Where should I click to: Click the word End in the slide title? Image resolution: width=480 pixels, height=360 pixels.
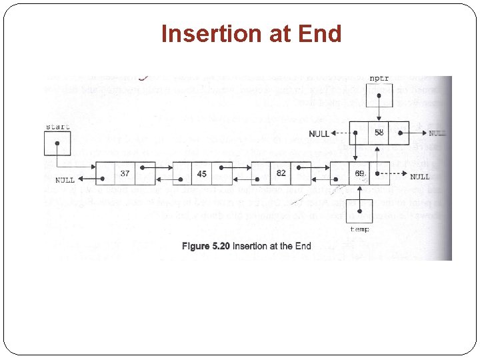(x=321, y=33)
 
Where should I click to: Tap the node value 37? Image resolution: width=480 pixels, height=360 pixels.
(x=125, y=173)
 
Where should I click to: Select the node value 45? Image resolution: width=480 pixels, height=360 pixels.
(x=202, y=174)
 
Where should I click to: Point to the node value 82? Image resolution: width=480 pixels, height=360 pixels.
(x=281, y=173)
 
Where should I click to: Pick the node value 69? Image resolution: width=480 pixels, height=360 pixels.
(x=360, y=173)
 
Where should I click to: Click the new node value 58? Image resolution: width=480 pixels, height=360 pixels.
(x=379, y=133)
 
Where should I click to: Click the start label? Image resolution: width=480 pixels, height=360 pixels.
(x=58, y=127)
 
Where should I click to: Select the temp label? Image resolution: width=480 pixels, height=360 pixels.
(x=359, y=229)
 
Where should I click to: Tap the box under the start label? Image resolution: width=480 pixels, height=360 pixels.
(x=57, y=143)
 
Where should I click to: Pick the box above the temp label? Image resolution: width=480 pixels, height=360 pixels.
(x=360, y=210)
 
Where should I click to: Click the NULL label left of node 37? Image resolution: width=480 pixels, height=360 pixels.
(x=65, y=180)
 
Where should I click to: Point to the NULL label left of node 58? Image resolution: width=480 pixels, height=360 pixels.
(x=319, y=134)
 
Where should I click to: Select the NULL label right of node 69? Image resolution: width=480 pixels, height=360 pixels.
(x=420, y=177)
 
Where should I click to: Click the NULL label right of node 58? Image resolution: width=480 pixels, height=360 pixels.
(x=437, y=133)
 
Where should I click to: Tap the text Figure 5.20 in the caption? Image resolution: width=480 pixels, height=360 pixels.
(x=205, y=246)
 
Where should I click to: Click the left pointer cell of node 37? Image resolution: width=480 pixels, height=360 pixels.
(x=105, y=173)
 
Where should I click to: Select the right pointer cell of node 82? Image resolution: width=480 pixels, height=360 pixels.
(x=301, y=173)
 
